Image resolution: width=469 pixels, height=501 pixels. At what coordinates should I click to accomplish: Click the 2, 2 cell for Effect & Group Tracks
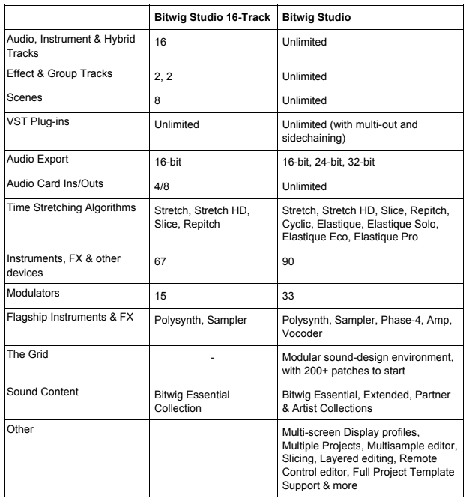coord(164,76)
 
